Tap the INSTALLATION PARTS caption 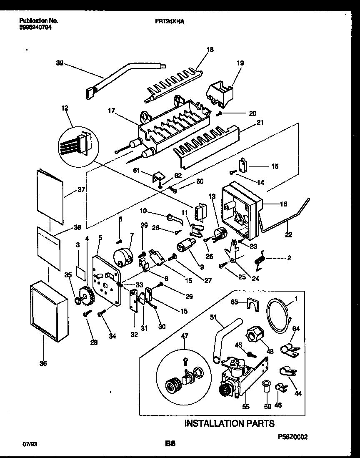pyautogui.click(x=229, y=423)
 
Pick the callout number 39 pyautogui.click(x=60, y=63)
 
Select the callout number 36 pyautogui.click(x=43, y=363)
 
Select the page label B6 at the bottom pyautogui.click(x=170, y=444)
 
